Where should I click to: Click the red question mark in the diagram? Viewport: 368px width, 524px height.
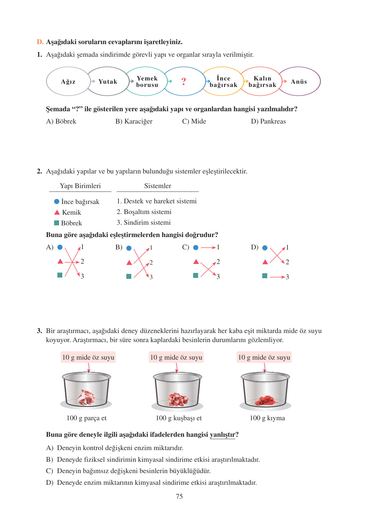pos(184,81)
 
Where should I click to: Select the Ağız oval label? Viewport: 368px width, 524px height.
pos(68,82)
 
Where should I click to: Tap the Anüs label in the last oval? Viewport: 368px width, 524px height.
pos(299,82)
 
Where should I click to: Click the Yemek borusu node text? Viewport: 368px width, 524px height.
pos(147,82)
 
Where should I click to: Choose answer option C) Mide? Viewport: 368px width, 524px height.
pos(194,121)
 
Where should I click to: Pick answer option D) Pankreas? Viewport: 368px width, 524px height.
pos(268,121)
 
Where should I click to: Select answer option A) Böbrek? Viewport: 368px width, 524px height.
pos(61,121)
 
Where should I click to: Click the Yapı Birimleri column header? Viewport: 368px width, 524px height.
pos(80,186)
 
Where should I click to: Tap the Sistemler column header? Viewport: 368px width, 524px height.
pos(158,186)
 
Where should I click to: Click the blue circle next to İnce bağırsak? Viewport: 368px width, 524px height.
pos(57,202)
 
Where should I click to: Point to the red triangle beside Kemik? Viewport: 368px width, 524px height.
pos(57,212)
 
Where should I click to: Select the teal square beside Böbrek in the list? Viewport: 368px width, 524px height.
pos(56,223)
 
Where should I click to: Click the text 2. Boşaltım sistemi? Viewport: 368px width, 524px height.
pos(144,212)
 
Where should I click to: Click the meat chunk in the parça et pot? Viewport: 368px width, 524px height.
pos(86,397)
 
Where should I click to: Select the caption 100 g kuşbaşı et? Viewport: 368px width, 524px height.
pos(178,418)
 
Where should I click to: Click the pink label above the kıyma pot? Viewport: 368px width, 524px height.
pos(264,357)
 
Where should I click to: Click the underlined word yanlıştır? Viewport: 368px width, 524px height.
pos(222,435)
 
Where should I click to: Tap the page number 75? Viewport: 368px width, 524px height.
pos(179,496)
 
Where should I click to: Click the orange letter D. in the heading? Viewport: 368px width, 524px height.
pos(40,42)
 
